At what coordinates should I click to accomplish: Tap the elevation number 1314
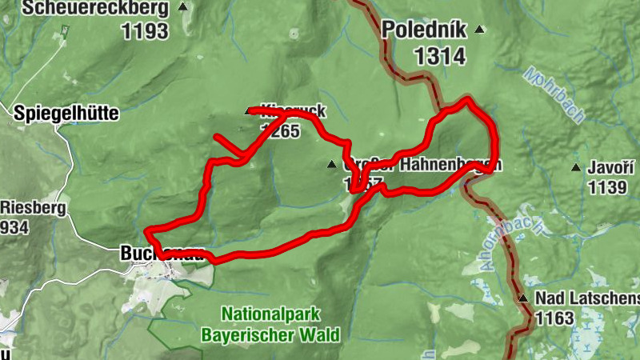pyautogui.click(x=439, y=55)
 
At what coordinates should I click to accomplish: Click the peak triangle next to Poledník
pyautogui.click(x=479, y=30)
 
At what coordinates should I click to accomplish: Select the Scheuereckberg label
pyautogui.click(x=96, y=9)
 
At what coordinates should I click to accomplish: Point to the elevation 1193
pyautogui.click(x=145, y=32)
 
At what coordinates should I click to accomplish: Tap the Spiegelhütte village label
pyautogui.click(x=66, y=114)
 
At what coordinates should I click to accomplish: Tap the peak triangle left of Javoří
pyautogui.click(x=575, y=168)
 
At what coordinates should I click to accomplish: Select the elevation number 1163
pyautogui.click(x=554, y=318)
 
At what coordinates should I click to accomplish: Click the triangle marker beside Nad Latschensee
pyautogui.click(x=523, y=299)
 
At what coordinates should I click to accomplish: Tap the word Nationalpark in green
pyautogui.click(x=270, y=314)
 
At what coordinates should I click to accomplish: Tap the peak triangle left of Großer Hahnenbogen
pyautogui.click(x=331, y=165)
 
